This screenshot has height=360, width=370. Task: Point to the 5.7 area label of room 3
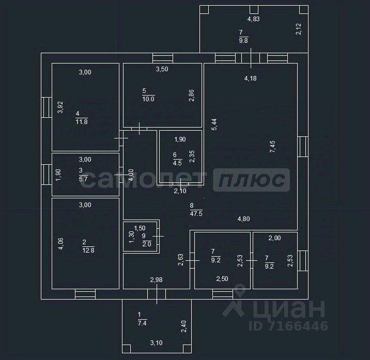[83, 179]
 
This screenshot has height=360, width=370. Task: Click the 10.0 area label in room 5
[149, 99]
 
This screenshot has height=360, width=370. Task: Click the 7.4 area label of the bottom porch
[142, 323]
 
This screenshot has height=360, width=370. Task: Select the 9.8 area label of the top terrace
[243, 40]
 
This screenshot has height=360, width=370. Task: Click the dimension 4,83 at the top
[253, 19]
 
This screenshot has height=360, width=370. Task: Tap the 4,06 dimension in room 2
[61, 243]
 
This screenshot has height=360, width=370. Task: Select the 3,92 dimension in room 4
[60, 106]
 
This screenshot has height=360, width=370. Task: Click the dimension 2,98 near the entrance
[157, 280]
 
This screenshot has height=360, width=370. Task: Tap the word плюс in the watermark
[251, 180]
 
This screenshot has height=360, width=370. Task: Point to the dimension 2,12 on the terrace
[298, 28]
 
